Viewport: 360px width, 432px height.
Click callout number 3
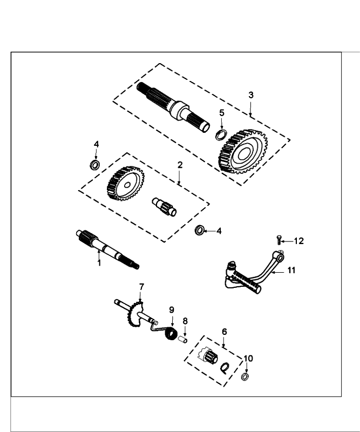point(251,95)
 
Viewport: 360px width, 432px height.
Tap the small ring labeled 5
point(221,134)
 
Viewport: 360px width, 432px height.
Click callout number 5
point(221,112)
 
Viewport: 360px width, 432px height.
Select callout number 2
point(180,164)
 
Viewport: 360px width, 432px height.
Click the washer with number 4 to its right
point(199,231)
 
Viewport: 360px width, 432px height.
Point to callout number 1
point(99,263)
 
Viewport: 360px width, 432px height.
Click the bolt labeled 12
point(279,239)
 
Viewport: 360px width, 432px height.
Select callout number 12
point(299,241)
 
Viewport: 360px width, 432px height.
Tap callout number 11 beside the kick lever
point(291,271)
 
